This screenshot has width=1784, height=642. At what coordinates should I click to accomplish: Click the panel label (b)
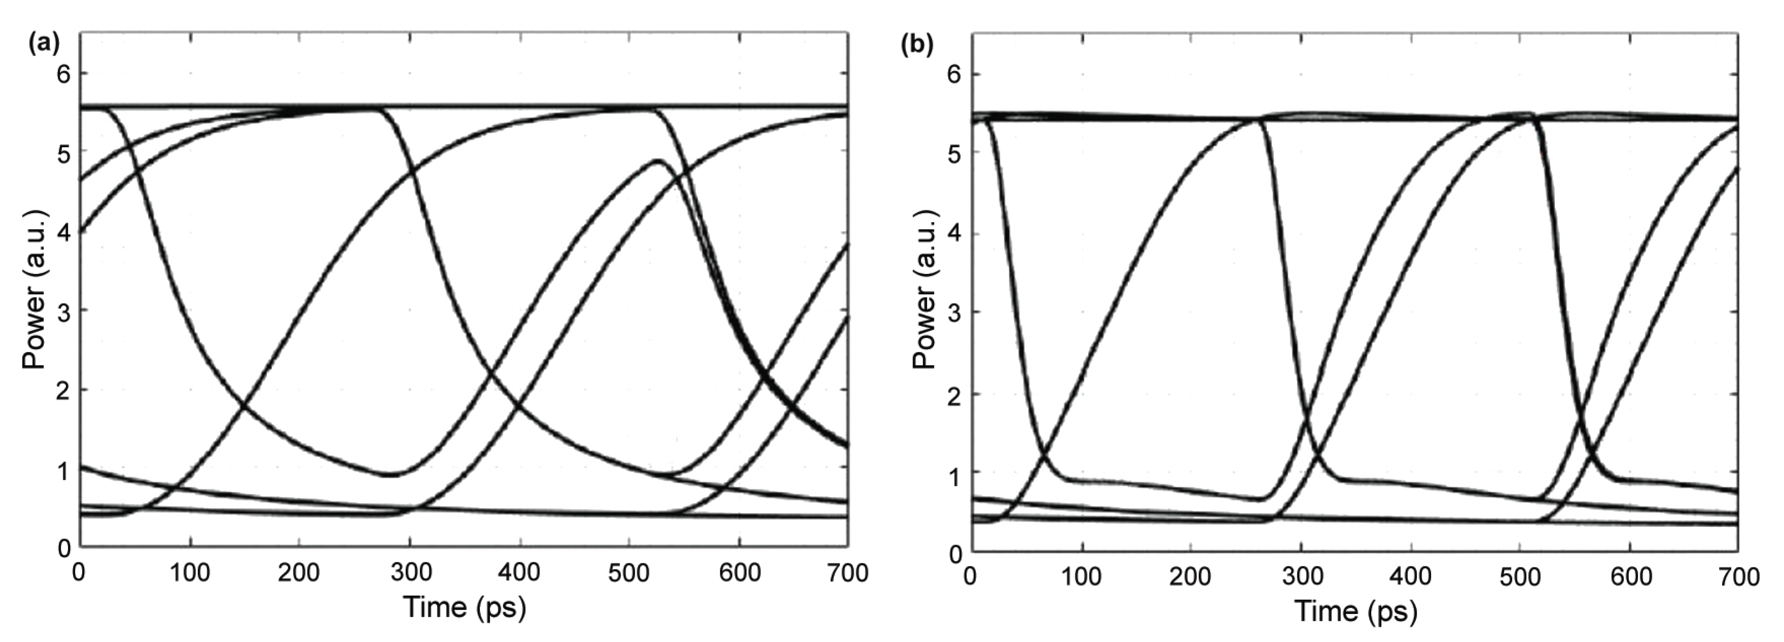coord(916,45)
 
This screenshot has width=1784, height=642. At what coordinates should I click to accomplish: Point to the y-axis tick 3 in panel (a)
coord(64,310)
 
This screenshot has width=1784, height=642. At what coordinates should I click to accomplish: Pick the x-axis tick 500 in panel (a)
coord(629,573)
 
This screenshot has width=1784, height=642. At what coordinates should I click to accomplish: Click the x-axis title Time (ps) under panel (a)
coord(465,608)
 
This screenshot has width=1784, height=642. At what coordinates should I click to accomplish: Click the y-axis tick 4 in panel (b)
coord(956,233)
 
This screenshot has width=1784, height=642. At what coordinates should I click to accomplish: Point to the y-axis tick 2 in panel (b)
coord(956,394)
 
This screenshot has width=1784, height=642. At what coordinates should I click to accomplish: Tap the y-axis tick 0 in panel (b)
coord(956,554)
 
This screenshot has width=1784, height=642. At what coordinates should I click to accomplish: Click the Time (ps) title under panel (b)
coord(1356,611)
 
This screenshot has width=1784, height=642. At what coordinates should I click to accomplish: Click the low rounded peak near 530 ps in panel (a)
coord(657,161)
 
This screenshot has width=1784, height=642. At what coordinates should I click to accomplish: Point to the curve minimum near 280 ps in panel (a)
coord(391,475)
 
